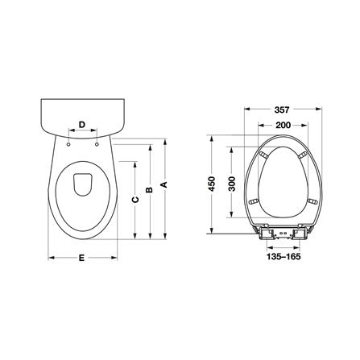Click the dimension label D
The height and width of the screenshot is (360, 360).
pos(82,125)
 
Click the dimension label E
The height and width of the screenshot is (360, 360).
pos(81,258)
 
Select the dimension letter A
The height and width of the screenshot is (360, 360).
pos(163,184)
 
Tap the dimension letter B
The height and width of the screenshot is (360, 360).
pos(149,189)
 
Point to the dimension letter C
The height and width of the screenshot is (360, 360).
pos(135,200)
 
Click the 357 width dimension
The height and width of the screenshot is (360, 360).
pos(282,110)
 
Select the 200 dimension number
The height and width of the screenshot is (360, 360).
pos(283,125)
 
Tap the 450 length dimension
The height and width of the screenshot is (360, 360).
pos(212,184)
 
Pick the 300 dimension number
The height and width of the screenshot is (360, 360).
pos(232,184)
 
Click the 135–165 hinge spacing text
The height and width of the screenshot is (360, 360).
pos(283,257)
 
